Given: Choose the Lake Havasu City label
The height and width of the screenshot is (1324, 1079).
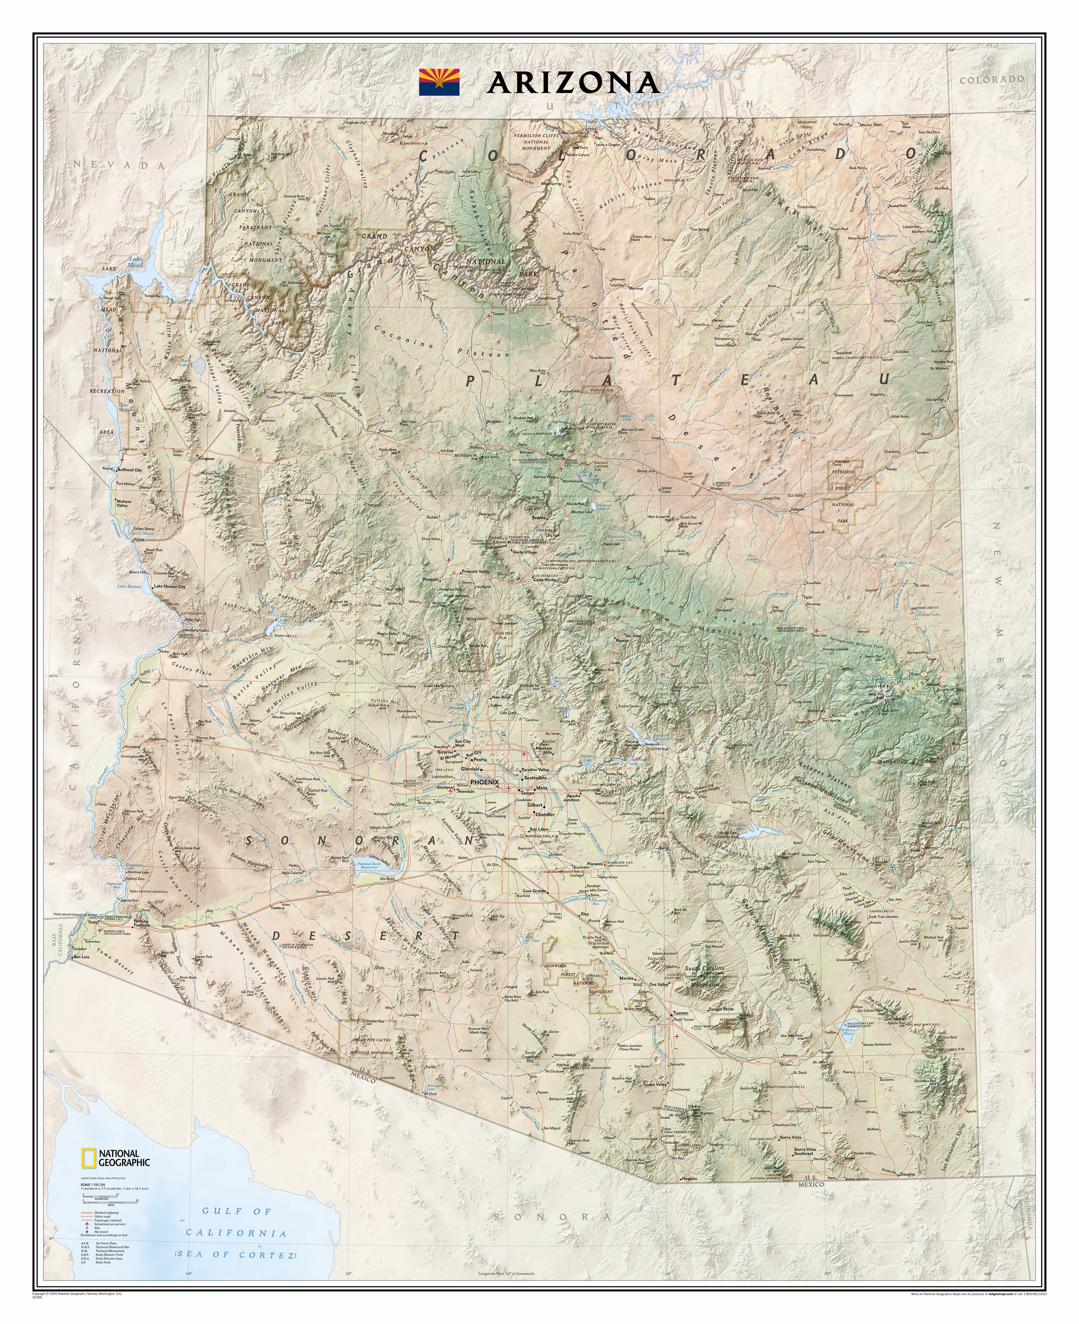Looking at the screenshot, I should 170,586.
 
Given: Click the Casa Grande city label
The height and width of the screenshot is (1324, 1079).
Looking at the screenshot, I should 534,891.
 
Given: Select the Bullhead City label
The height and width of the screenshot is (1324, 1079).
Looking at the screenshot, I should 130,470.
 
